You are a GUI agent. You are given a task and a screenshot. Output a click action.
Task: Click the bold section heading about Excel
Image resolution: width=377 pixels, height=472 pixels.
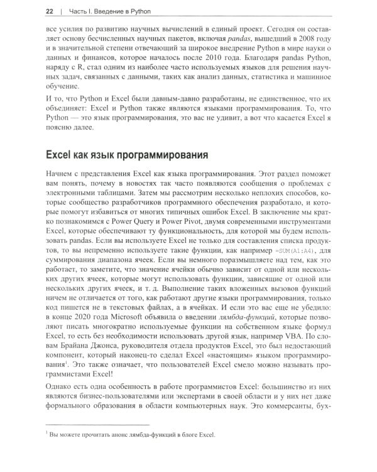pos(136,155)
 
